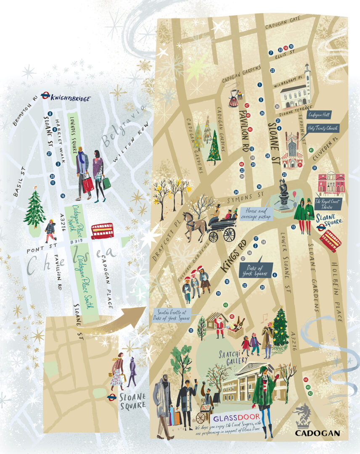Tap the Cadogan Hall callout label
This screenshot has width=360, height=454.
[x=319, y=115]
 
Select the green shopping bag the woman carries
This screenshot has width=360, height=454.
[x=106, y=182]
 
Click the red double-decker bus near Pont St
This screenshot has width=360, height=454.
[x=102, y=231]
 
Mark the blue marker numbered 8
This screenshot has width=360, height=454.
[x=50, y=114]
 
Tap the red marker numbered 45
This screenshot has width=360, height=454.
[x=232, y=317]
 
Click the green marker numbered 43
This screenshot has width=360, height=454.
[x=225, y=305]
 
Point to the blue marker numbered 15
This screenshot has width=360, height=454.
[x=191, y=330]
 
